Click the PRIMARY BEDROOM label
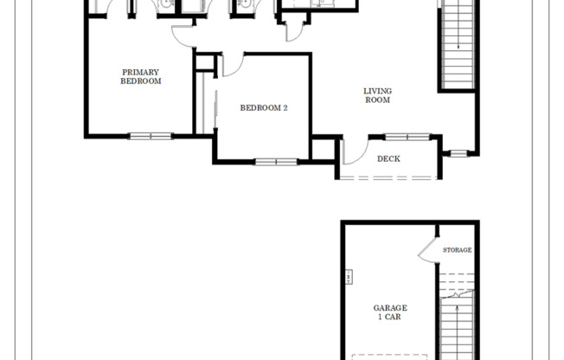tap(141, 76)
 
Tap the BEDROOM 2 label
tap(264, 107)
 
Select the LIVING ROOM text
tap(377, 94)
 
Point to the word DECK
tap(388, 158)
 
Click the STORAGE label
tap(458, 250)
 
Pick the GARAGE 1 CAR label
tap(390, 312)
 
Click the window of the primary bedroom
tap(151, 135)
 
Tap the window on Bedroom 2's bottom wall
tap(276, 161)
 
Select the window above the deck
tap(407, 136)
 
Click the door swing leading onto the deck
tap(354, 151)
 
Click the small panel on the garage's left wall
tap(347, 278)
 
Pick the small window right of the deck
tap(458, 154)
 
